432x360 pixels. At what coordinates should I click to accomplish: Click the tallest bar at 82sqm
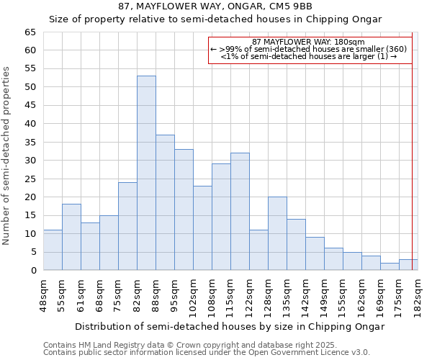[146, 173]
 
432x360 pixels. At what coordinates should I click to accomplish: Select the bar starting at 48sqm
[53, 250]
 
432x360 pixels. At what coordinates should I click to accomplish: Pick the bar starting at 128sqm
[277, 233]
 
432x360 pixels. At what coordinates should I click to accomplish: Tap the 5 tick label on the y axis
[32, 252]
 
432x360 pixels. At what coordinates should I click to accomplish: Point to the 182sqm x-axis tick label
[418, 296]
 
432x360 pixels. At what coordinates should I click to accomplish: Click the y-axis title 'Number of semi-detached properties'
[7, 156]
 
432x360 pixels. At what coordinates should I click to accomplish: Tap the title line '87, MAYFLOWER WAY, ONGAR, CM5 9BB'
[215, 6]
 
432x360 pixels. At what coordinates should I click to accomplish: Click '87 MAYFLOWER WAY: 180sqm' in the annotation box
[309, 42]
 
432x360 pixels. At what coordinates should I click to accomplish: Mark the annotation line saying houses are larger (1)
[309, 56]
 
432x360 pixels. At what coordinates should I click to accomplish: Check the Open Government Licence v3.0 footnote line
[207, 353]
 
